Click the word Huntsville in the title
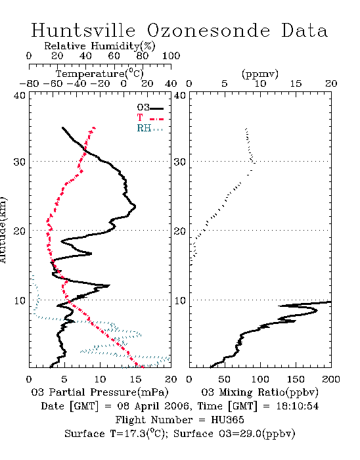(83, 30)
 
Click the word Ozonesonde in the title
(208, 30)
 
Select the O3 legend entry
(150, 108)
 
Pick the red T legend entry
(150, 118)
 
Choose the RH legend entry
(150, 128)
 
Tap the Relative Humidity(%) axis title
(100, 46)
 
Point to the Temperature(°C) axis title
(100, 74)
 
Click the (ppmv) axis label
(260, 74)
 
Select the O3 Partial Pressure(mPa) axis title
(100, 392)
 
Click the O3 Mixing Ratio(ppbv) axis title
(259, 392)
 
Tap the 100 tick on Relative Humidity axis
(171, 56)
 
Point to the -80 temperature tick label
(29, 83)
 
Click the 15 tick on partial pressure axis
(135, 379)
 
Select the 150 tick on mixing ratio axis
(296, 379)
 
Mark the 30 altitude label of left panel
(20, 162)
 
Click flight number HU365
(227, 420)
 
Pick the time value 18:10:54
(298, 406)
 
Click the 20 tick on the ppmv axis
(331, 83)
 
